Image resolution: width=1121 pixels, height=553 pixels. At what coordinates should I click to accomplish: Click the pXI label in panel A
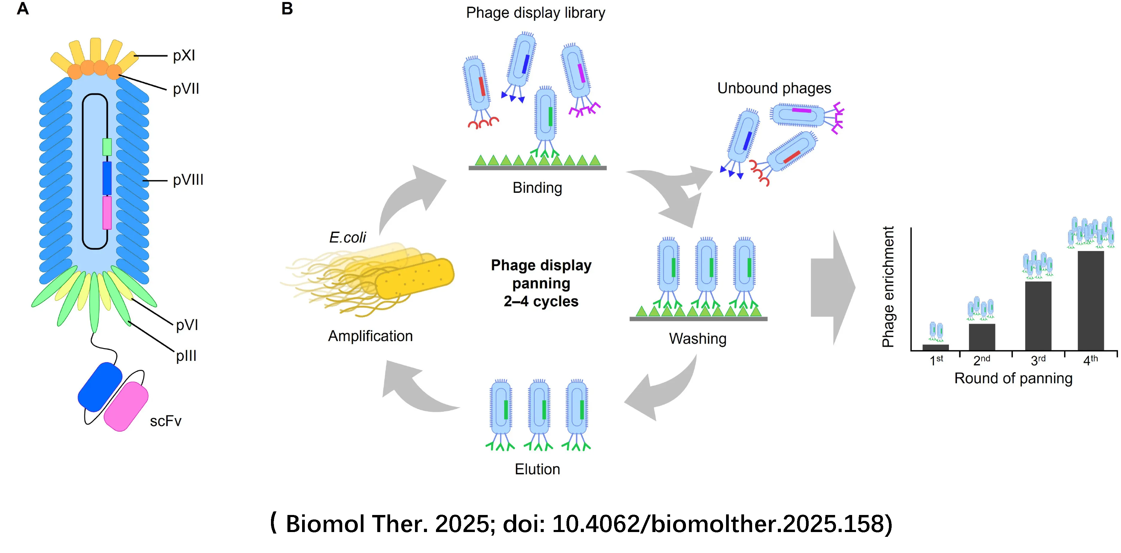(x=184, y=56)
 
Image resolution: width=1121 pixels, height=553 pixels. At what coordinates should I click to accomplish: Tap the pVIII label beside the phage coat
(x=188, y=180)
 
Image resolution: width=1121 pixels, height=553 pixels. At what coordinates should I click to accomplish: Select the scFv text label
(x=165, y=421)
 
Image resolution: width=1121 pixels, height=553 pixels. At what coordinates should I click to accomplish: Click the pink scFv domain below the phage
(x=126, y=406)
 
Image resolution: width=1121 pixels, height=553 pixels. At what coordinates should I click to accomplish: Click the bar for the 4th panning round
(x=1090, y=300)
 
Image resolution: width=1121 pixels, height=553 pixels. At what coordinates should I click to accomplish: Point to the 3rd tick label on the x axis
(x=1038, y=360)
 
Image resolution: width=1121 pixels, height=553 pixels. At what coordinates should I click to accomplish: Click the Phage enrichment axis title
(x=888, y=287)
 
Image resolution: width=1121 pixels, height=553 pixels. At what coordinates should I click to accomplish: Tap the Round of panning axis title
(x=1013, y=378)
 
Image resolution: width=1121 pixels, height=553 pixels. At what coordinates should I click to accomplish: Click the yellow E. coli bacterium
(x=413, y=278)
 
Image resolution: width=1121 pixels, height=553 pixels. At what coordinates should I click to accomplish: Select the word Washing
(x=698, y=339)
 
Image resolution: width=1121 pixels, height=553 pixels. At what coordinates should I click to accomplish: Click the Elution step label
(x=537, y=469)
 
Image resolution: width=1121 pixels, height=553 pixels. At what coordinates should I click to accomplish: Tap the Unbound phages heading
(x=774, y=88)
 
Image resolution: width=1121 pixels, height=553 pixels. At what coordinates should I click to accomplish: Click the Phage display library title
(x=535, y=13)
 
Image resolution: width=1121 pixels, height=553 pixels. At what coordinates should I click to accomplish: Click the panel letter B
(x=287, y=9)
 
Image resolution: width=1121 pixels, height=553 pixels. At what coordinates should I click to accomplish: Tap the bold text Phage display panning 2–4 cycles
(x=541, y=283)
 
